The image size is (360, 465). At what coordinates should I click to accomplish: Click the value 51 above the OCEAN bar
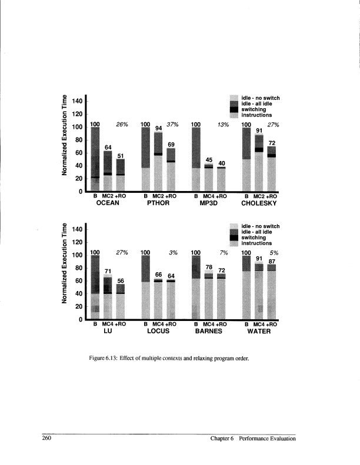coord(121,155)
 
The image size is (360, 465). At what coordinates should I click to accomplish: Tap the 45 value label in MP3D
coord(208,160)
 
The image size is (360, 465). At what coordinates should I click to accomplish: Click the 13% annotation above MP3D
coord(223,125)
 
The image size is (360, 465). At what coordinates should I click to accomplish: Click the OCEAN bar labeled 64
coord(108,171)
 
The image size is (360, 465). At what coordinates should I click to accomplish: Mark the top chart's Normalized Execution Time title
coord(59,135)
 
